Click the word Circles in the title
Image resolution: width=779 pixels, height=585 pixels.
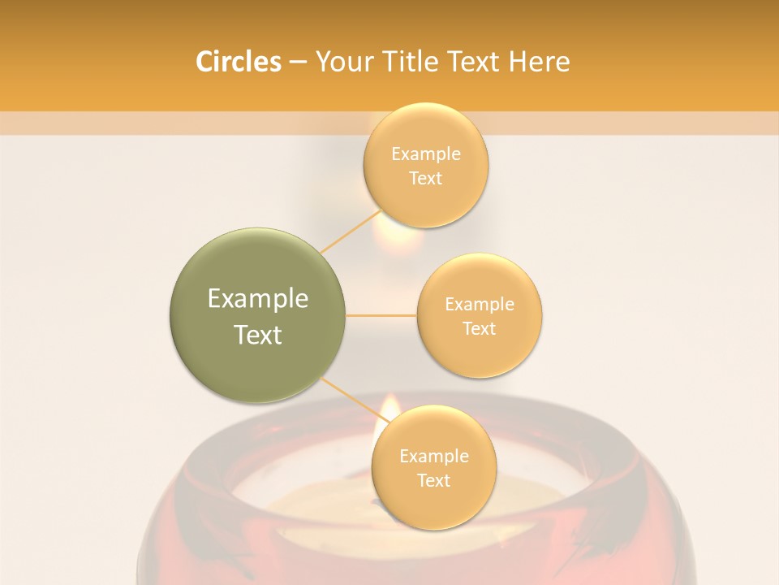click(x=239, y=62)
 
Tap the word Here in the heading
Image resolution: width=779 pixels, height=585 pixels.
click(x=539, y=62)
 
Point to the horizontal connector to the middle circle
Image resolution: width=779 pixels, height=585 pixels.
click(x=381, y=315)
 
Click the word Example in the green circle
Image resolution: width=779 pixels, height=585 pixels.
click(x=258, y=299)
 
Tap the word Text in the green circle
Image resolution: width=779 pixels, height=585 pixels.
click(x=258, y=335)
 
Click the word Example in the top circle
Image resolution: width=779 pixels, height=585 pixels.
click(x=425, y=154)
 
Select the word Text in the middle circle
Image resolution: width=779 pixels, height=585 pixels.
click(x=480, y=328)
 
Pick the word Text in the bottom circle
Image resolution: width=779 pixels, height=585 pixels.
click(x=433, y=480)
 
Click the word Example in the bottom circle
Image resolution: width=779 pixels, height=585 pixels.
click(x=433, y=457)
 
